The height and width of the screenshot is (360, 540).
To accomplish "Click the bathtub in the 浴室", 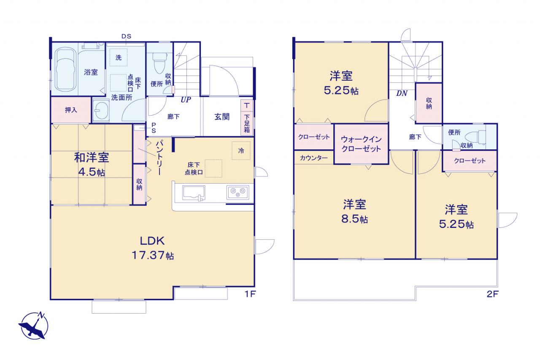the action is point(65,69).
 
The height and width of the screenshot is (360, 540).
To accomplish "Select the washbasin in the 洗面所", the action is point(101,111).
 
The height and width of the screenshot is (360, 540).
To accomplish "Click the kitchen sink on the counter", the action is point(194,193).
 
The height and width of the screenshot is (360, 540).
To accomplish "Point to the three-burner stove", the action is point(238,192).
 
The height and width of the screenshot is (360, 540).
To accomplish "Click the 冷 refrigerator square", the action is point(241,151).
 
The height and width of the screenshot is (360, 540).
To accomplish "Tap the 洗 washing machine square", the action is point(119,57).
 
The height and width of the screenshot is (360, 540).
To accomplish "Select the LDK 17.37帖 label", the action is point(153,248).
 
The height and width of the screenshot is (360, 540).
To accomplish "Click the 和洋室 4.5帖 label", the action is point(92,164).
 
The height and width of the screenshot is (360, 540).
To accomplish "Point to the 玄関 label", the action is point(222,117).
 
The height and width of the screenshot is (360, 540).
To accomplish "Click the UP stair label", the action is point(186,100).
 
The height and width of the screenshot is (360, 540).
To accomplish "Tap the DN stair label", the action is point(402,93).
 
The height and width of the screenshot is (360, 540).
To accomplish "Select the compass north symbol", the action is point(33,325).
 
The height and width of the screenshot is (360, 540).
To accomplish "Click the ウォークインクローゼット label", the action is point(361,144).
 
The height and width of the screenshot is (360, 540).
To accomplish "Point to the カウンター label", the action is point(313,158).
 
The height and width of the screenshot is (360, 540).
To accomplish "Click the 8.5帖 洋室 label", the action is point(355,211).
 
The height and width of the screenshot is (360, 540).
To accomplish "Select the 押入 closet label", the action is point(71,110).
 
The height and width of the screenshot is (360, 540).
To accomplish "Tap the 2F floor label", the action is point(493,294).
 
